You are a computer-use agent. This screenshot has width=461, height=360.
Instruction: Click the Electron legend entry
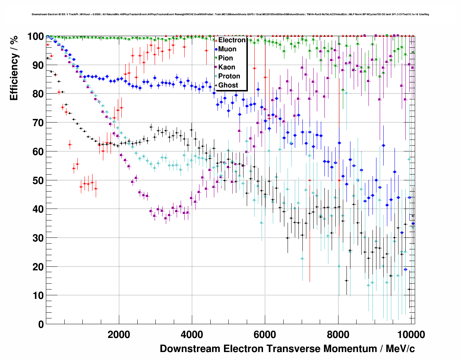[232, 40]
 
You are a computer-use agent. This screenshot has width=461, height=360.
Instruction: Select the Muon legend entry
[227, 49]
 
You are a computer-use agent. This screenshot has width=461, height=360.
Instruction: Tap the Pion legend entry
[225, 58]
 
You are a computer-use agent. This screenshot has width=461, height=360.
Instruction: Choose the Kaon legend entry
[227, 67]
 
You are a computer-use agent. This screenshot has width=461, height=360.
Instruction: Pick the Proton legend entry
[229, 76]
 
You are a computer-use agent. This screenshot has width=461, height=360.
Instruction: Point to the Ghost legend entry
[228, 85]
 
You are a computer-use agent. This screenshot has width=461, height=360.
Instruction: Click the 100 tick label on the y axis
[35, 37]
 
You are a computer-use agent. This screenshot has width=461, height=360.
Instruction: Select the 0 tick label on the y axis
[41, 324]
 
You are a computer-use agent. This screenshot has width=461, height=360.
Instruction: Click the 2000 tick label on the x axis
[119, 334]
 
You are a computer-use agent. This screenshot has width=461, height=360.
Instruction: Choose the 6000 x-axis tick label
[265, 334]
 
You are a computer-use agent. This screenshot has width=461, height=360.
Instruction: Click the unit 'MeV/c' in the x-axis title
[400, 349]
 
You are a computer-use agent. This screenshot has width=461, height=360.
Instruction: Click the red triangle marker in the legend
[216, 40]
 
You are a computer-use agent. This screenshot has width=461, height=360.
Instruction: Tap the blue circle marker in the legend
[216, 49]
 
